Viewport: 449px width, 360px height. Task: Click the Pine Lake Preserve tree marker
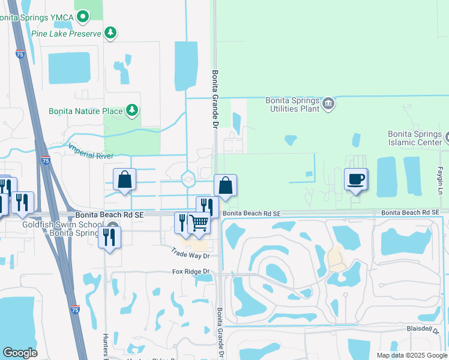[x=110, y=32]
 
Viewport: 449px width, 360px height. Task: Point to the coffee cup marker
[x=356, y=179]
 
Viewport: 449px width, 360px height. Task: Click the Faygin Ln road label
[x=439, y=181]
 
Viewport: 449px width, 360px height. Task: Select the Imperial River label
[x=90, y=150]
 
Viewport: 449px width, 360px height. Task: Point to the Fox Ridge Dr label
[x=193, y=272]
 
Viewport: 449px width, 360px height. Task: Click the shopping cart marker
[x=199, y=223]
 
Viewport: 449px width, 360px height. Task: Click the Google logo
[x=20, y=352]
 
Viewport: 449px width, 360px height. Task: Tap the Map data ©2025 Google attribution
[x=412, y=355]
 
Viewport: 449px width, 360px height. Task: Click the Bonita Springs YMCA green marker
[x=83, y=16]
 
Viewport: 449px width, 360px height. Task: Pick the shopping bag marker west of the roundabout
[x=125, y=179]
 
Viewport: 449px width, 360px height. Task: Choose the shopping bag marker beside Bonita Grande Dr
[x=225, y=185]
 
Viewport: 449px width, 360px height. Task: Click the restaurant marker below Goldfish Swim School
[x=109, y=237]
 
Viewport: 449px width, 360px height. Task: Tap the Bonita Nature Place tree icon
[x=132, y=110]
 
